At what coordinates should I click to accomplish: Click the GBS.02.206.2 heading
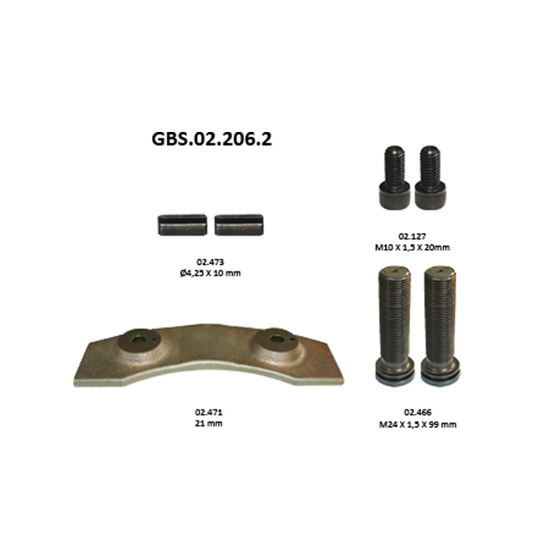coord(212,139)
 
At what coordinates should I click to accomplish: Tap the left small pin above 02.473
coord(182,225)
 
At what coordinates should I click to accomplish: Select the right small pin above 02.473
coord(239,225)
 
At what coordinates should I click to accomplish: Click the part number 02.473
coord(210,262)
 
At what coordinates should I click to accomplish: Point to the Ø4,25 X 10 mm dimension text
coord(210,273)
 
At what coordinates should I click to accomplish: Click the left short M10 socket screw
coord(395,178)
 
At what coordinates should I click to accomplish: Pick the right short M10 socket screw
coord(430,178)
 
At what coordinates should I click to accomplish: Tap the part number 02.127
coord(412,237)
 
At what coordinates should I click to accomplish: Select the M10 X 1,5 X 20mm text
coord(412,247)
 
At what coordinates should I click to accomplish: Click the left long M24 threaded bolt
coord(395,326)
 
